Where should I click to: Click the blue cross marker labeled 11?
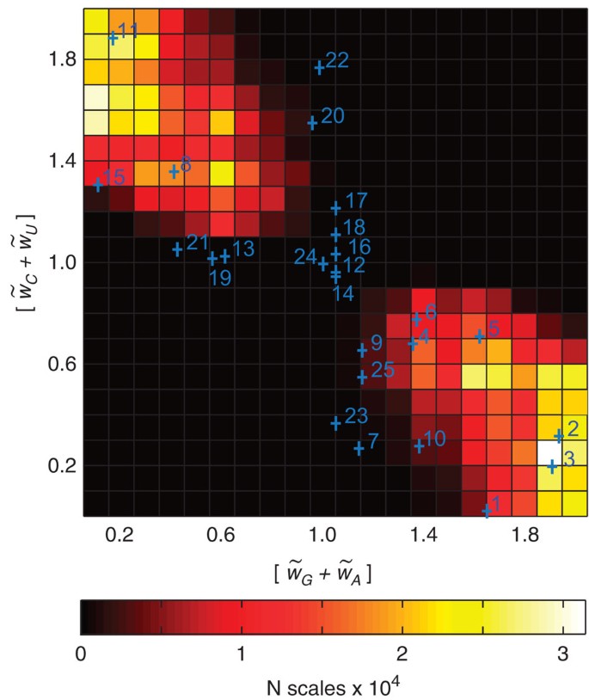pos(114,38)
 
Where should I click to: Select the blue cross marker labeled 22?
pos(319,67)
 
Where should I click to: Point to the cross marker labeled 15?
pos(98,184)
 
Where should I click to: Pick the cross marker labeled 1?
pos(487,511)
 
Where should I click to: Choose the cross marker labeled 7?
pos(359,448)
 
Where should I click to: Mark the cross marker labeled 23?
pos(336,422)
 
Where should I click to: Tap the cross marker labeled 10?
pos(420,445)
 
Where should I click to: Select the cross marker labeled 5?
pos(480,336)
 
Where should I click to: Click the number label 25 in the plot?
pos(383,371)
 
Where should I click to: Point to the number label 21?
pos(198,242)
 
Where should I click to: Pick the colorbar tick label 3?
pos(561,654)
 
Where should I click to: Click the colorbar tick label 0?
pos(82,654)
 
